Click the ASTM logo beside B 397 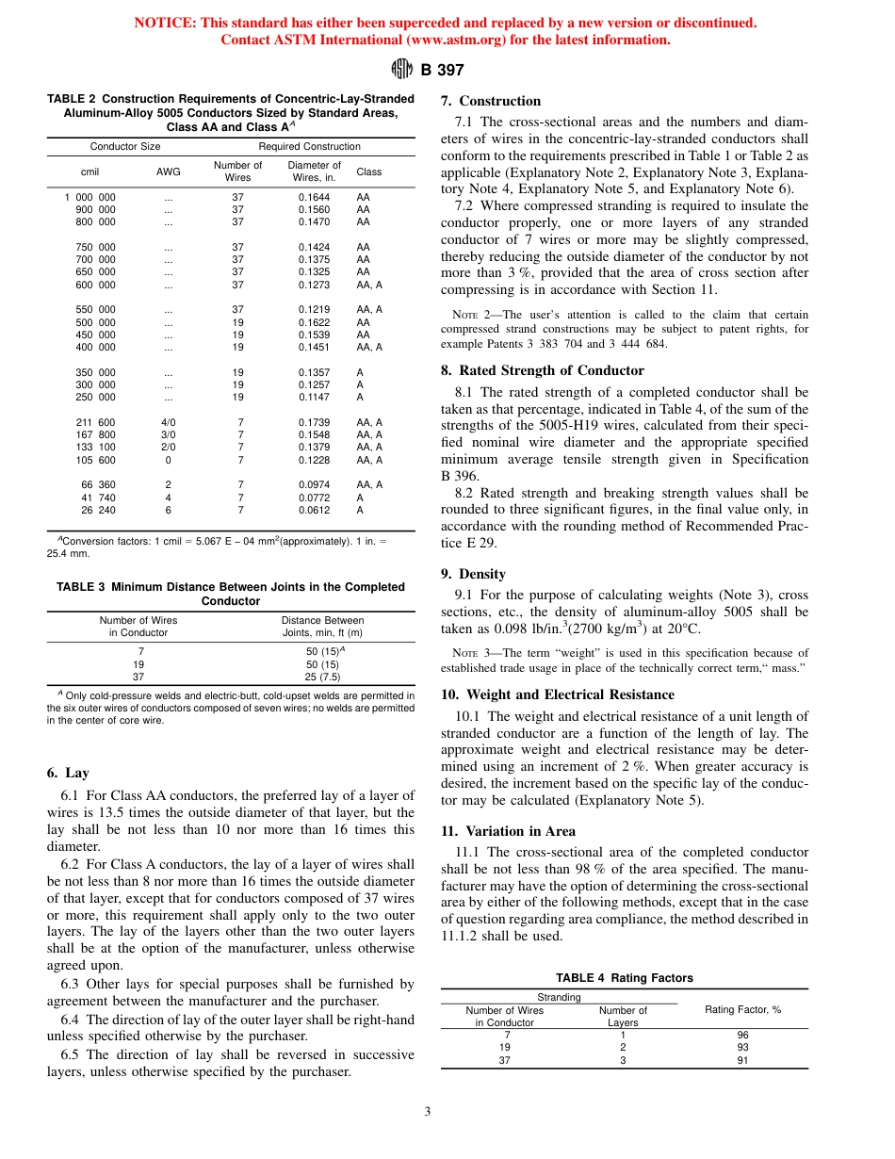pyautogui.click(x=401, y=69)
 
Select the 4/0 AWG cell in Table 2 pyautogui.click(x=168, y=422)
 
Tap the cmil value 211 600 pyautogui.click(x=96, y=422)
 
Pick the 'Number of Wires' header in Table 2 pyautogui.click(x=237, y=171)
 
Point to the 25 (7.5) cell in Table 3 pyautogui.click(x=323, y=677)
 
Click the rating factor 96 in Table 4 pyautogui.click(x=743, y=1035)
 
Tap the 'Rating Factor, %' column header pyautogui.click(x=743, y=1010)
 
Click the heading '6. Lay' pyautogui.click(x=68, y=773)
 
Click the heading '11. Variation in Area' pyautogui.click(x=508, y=831)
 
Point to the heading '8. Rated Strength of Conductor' pyautogui.click(x=543, y=370)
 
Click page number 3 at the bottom pyautogui.click(x=427, y=1112)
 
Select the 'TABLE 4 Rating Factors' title pyautogui.click(x=624, y=978)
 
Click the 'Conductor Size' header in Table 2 pyautogui.click(x=125, y=146)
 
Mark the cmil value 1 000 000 pyautogui.click(x=90, y=197)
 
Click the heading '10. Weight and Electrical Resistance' pyautogui.click(x=558, y=694)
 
